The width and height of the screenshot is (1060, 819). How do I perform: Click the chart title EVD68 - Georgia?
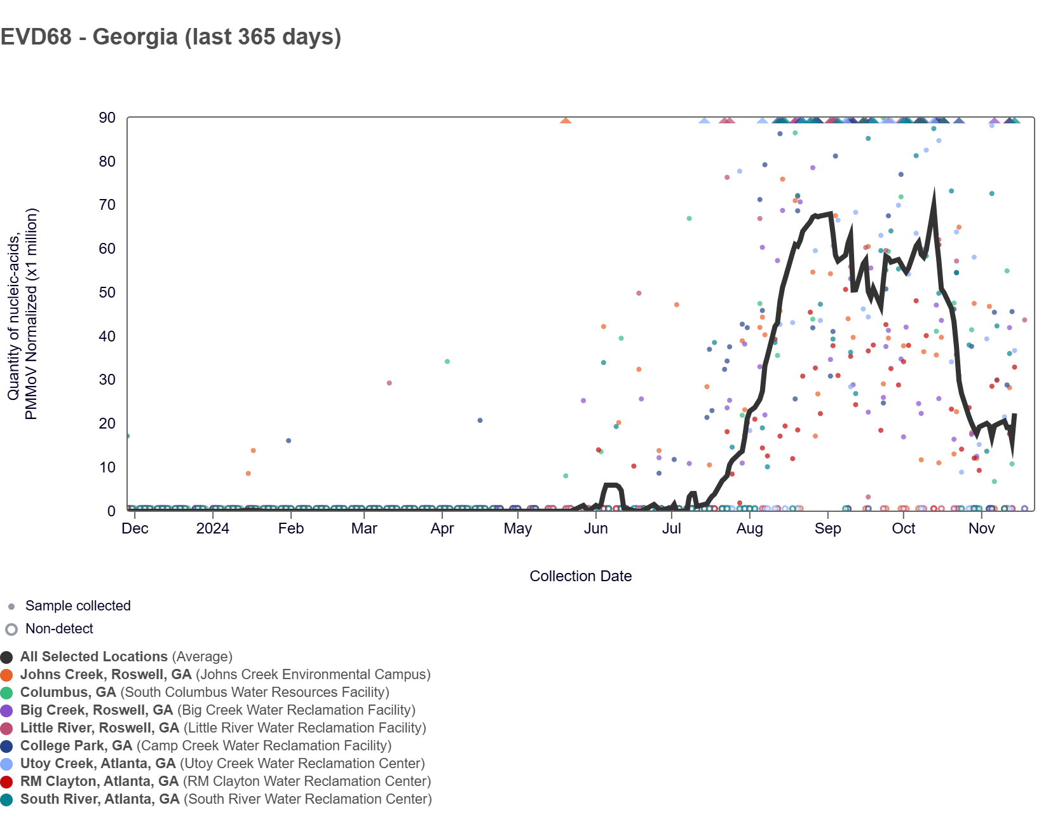170,37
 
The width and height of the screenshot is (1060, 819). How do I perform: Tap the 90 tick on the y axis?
107,118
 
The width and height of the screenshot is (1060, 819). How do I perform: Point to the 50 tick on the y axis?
107,292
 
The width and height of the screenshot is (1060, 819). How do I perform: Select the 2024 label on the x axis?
212,528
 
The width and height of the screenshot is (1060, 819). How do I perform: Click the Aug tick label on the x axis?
749,528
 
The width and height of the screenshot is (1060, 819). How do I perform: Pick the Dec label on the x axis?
135,528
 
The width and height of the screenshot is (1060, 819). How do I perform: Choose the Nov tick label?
981,528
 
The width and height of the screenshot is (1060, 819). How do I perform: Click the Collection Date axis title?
580,576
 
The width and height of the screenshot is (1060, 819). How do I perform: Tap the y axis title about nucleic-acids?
22,314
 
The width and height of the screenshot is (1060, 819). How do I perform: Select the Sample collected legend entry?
78,606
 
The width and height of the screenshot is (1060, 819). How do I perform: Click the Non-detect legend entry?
59,629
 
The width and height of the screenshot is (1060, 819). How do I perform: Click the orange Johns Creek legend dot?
7,675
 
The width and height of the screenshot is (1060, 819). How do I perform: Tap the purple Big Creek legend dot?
7,711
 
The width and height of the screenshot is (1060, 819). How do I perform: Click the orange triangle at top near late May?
566,121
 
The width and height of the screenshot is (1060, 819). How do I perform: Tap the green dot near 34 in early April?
447,362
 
